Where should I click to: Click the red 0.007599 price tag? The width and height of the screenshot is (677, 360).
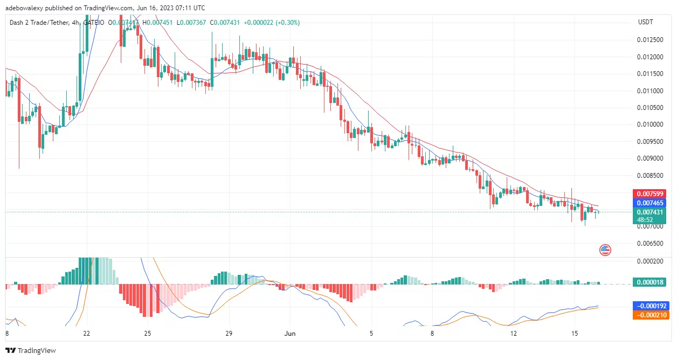[651, 193]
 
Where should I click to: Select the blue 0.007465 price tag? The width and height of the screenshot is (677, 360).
[651, 203]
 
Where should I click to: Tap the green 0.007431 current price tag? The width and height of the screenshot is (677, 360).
[651, 212]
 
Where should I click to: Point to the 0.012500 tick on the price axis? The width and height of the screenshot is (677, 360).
[651, 39]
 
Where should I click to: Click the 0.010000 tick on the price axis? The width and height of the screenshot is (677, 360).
[651, 124]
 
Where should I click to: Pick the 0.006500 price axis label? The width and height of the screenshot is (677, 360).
[651, 244]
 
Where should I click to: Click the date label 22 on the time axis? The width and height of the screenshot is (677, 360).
[87, 334]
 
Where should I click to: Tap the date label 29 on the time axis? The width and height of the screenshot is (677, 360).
[229, 334]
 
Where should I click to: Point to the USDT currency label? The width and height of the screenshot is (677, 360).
[645, 22]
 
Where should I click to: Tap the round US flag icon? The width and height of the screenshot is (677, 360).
[605, 250]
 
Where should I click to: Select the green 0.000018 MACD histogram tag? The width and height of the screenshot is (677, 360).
[651, 282]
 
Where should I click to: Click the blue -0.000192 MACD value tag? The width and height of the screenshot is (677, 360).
[651, 305]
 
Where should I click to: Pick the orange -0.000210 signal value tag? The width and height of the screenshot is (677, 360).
[651, 315]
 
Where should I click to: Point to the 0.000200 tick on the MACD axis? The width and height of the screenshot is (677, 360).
[651, 261]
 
